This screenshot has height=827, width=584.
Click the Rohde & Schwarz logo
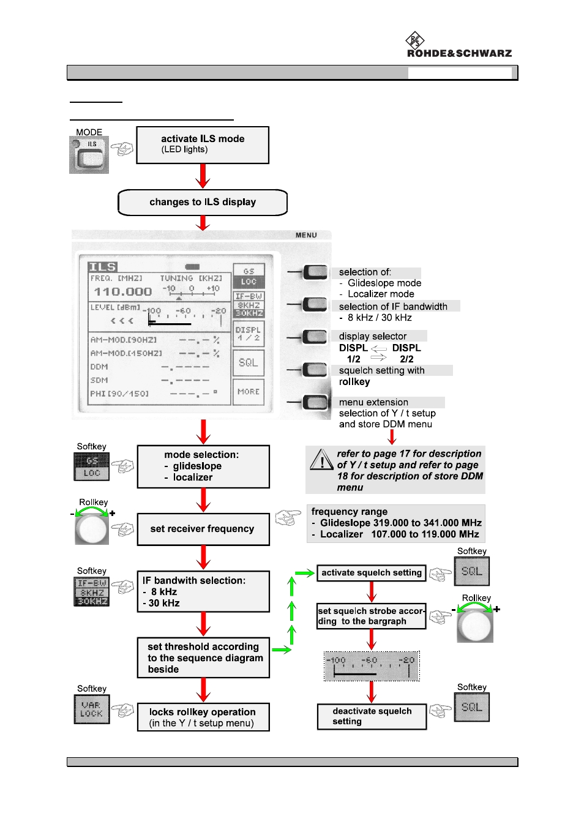click(459, 46)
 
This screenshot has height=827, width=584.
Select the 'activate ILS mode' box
click(203, 145)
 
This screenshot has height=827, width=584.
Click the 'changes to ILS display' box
click(203, 203)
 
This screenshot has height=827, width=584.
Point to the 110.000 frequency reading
click(123, 292)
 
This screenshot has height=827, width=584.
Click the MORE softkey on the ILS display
click(249, 392)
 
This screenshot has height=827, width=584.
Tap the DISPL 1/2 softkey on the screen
click(249, 334)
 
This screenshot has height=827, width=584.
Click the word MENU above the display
click(306, 235)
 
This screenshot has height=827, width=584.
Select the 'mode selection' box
click(203, 466)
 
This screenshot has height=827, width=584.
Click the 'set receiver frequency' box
click(203, 529)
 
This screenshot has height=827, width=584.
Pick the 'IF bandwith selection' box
click(203, 591)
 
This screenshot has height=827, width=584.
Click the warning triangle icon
click(321, 460)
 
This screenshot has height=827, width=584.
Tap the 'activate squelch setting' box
click(372, 573)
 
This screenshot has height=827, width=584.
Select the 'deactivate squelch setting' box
click(372, 716)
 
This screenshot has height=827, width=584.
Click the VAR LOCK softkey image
click(92, 709)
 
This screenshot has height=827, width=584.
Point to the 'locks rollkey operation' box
click(203, 717)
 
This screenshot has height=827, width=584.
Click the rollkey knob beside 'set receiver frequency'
click(92, 529)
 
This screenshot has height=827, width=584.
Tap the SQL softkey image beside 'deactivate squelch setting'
click(472, 707)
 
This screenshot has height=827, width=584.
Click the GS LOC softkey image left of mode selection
click(92, 466)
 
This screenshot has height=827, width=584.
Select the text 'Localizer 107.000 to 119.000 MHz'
click(399, 534)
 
